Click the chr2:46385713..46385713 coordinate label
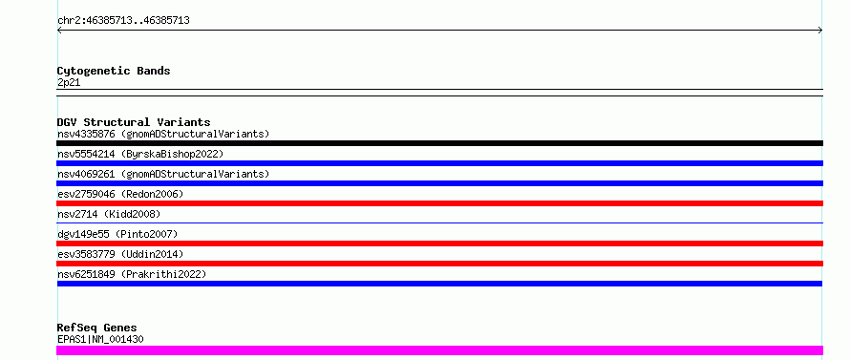[x=123, y=21]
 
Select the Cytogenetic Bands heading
[x=114, y=71]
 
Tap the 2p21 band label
[x=69, y=83]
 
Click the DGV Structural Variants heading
[x=134, y=122]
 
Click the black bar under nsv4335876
[x=439, y=143]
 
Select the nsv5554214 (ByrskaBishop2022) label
[x=140, y=154]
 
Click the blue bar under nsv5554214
[x=439, y=163]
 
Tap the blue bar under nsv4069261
[x=439, y=183]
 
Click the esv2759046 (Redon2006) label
[x=120, y=194]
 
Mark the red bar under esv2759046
[x=439, y=203]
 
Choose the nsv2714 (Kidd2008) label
[x=109, y=214]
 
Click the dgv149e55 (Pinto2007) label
[x=117, y=234]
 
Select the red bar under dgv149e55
[x=439, y=244]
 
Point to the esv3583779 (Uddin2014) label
[x=120, y=254]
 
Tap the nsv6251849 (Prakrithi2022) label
[x=132, y=274]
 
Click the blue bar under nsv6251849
[x=439, y=284]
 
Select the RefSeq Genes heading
[x=97, y=328]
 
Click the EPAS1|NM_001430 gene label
[x=100, y=339]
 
